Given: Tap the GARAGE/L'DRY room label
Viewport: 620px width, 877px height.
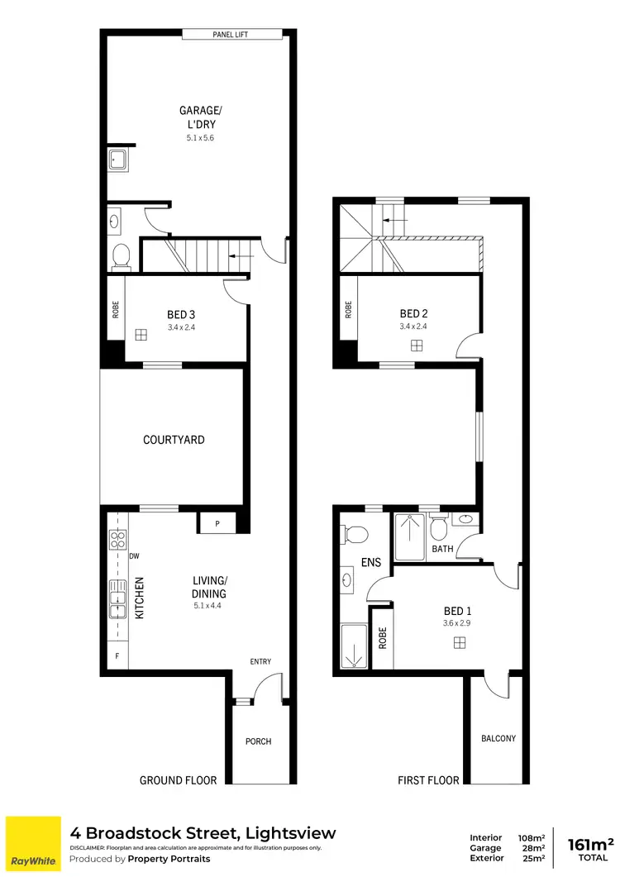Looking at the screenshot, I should point(199,117).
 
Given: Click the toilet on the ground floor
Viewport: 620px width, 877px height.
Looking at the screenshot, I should point(121,257).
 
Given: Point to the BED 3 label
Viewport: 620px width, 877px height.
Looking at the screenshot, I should point(181,314).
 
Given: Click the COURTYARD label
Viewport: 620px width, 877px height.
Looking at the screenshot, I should point(174,440).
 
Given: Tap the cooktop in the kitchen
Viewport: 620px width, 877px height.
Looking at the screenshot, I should point(116,541).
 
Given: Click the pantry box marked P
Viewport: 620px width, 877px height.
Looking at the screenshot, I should point(217,523).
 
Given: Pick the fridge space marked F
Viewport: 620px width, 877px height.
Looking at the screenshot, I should point(116,655).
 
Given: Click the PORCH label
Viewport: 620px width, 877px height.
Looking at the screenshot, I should point(259,741).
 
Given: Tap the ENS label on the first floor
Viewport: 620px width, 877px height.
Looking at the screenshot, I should point(371,562).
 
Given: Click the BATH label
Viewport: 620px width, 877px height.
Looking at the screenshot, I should point(443,549).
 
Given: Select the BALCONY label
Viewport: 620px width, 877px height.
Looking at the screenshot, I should point(498,738).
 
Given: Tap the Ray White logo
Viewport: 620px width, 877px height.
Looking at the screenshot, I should point(33,844).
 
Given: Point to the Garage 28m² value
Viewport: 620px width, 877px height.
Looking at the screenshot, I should point(532,848).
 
